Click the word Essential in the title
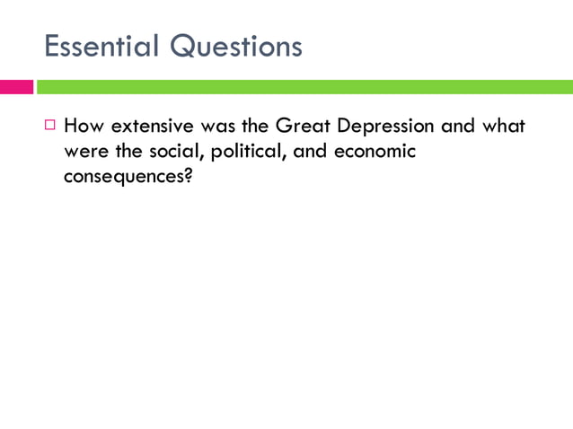point(101,46)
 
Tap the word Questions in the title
point(237,47)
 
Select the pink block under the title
point(16,87)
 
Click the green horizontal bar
point(304,87)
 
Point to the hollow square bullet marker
point(50,126)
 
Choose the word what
point(503,126)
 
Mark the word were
point(84,151)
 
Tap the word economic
point(375,151)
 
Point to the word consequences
point(122,176)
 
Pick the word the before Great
point(257,126)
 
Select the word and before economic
point(311,151)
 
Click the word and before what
point(458,126)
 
